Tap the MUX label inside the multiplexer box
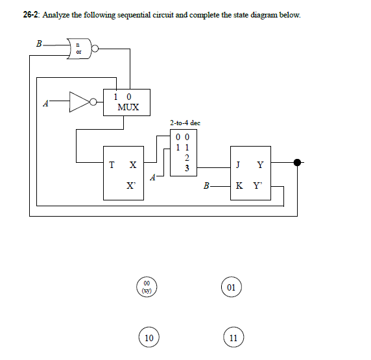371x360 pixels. click(x=128, y=107)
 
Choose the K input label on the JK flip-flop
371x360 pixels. click(x=241, y=186)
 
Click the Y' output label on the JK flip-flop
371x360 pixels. click(x=261, y=186)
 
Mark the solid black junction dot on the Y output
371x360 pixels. click(x=298, y=162)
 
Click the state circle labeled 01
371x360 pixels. click(x=232, y=286)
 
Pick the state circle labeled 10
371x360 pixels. click(x=149, y=338)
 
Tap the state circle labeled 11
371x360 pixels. click(x=233, y=338)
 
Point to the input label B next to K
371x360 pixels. click(x=206, y=187)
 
